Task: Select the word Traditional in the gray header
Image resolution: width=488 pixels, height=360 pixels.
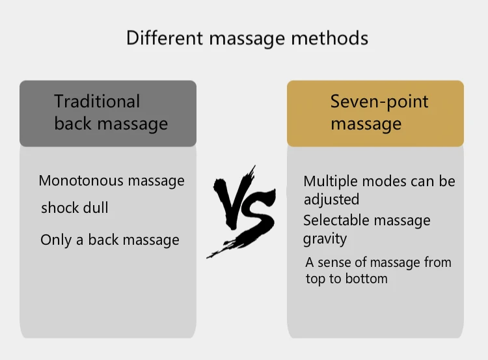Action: (97, 102)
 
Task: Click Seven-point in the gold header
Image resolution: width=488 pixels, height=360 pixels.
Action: (379, 102)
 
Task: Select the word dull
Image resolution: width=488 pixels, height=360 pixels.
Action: (95, 208)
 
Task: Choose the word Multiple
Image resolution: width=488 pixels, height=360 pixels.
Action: (328, 181)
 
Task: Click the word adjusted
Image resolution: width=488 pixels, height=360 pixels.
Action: (331, 199)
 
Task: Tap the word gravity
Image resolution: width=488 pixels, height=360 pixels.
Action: (325, 239)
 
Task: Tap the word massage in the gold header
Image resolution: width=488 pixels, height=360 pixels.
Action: (366, 124)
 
